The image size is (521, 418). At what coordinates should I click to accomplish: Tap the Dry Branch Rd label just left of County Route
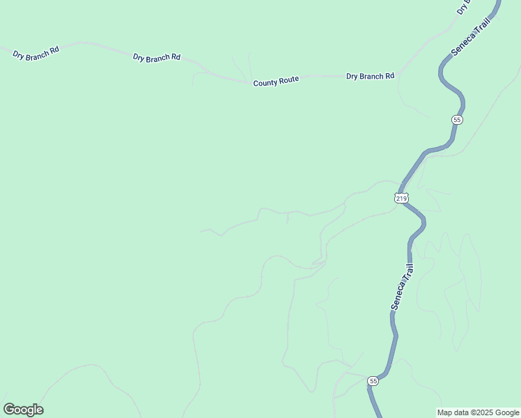point(157,56)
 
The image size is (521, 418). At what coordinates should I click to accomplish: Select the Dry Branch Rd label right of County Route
point(370,76)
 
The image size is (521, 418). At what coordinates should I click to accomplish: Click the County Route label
point(276,82)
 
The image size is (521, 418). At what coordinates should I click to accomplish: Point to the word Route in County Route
point(288,80)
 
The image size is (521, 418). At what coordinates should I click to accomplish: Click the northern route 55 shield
point(456,120)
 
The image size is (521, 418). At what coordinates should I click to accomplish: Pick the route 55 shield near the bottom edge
point(373,381)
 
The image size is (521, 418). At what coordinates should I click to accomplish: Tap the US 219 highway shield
point(401,199)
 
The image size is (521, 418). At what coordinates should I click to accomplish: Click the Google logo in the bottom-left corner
point(23,410)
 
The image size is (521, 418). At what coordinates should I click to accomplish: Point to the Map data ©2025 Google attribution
point(478,412)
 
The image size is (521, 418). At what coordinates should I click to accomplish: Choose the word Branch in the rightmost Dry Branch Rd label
point(371,76)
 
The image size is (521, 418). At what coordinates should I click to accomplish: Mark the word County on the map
point(265,83)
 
